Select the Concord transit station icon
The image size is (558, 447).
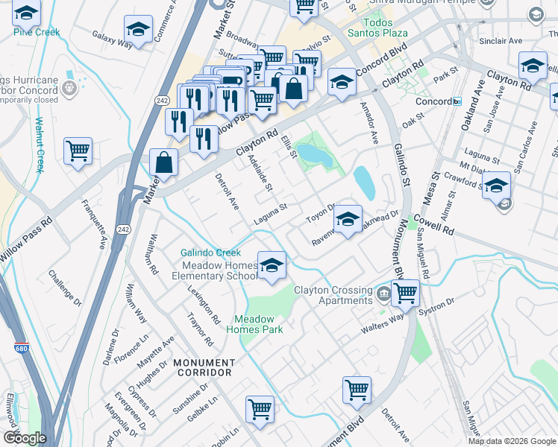coord(457,101)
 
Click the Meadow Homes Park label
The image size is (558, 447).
coord(254,323)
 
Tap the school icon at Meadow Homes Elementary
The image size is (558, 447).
coord(272,265)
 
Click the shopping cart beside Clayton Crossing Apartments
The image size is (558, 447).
coord(405,292)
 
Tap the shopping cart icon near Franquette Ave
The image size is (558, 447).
coord(78,151)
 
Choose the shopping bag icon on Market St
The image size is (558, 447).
coord(163,162)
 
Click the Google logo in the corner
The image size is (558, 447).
coord(25,438)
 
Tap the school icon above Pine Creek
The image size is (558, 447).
coord(27,13)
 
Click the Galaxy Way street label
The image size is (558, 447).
coord(112,39)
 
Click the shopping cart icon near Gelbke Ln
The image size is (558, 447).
coord(260,408)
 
